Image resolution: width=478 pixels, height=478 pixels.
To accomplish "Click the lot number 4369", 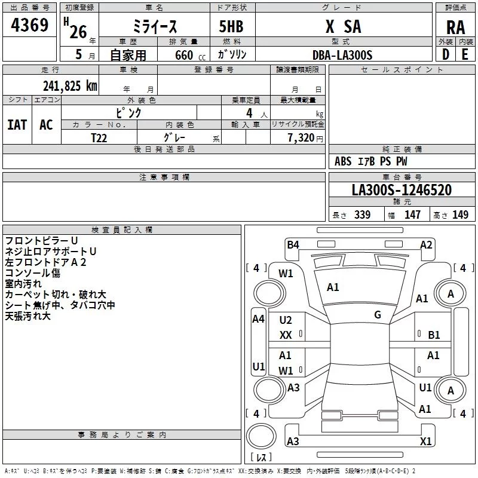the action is point(29,24).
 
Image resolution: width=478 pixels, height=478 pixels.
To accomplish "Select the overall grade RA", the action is point(455,27).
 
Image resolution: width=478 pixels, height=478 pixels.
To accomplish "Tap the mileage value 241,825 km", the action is point(70,86).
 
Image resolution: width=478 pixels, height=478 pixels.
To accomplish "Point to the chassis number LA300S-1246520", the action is point(402,189).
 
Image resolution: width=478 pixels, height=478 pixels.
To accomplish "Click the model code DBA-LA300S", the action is point(342,55).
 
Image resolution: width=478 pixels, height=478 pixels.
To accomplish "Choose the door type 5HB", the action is point(231,26).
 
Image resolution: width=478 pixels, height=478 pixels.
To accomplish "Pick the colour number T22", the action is point(99,138).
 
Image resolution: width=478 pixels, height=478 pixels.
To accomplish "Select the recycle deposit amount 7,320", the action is point(301,138).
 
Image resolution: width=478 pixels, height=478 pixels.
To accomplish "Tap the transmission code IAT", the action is point(17,125).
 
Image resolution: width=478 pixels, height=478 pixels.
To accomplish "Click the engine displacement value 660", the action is point(184,55).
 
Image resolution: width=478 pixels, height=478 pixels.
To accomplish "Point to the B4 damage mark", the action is point(293,245).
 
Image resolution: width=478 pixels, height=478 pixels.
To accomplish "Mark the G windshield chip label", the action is point(378,314).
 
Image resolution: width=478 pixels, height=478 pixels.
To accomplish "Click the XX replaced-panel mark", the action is point(286,335).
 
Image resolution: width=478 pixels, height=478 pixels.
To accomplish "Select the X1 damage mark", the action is point(425,441).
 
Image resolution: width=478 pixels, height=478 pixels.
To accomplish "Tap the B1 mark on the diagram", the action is point(434,335).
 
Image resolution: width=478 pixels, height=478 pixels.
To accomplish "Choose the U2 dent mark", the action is point(286,320).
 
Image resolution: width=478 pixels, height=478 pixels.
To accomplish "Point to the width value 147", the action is point(412,215).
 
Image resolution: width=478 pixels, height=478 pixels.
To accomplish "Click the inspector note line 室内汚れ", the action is point(23,283).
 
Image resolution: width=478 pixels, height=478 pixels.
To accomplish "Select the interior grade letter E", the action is point(465,54).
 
